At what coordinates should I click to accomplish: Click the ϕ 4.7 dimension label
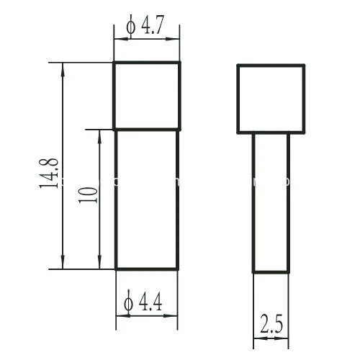[x=148, y=27]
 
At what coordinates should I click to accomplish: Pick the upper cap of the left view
[x=147, y=96]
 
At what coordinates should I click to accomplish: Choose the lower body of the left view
[x=147, y=199]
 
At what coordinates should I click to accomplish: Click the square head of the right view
[x=271, y=99]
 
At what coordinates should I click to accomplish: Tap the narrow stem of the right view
[x=271, y=203]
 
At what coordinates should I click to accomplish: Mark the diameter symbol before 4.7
[x=130, y=27]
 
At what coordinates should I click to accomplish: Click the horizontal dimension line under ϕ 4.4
[x=147, y=318]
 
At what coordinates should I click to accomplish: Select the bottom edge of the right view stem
[x=271, y=271]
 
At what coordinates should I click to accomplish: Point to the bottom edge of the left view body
[x=147, y=269]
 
